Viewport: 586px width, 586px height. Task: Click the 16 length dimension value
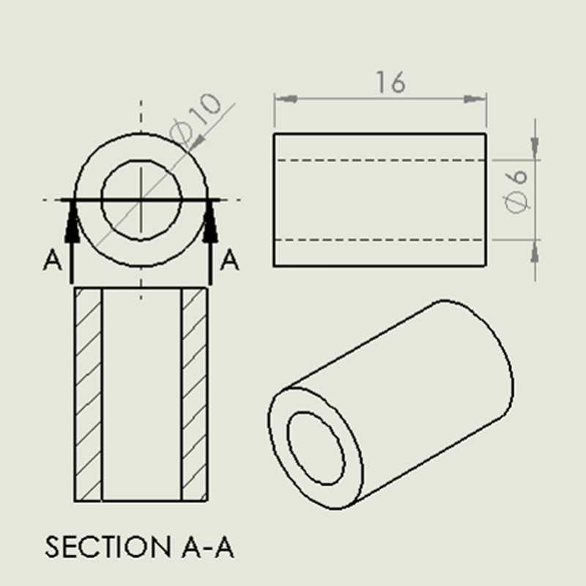(390, 82)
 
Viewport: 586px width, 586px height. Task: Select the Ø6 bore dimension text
(516, 191)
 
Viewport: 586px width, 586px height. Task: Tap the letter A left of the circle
(52, 260)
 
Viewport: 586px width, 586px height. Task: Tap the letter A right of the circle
(229, 260)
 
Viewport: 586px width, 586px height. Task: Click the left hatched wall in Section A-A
(88, 394)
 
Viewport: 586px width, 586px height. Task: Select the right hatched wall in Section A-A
(194, 394)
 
